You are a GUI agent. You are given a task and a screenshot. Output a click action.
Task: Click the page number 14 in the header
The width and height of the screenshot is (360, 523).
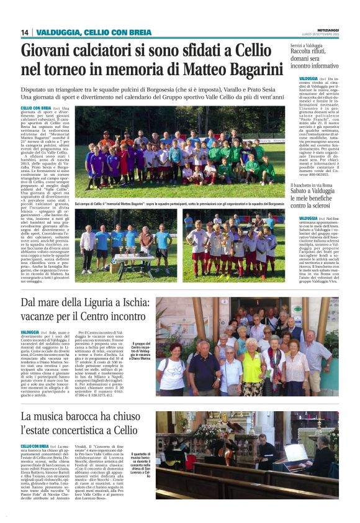[25, 32]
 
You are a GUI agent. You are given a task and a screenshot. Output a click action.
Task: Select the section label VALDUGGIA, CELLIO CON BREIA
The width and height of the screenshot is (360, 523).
[93, 32]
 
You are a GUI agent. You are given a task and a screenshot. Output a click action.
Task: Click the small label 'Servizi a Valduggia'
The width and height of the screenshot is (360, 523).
[308, 45]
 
